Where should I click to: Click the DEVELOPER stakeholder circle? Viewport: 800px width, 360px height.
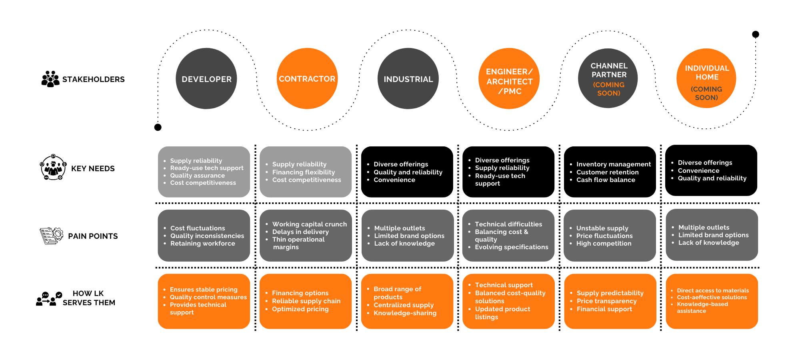point(206,78)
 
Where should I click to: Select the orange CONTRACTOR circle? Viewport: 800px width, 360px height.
point(307,78)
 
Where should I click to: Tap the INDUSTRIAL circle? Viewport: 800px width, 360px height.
point(408,78)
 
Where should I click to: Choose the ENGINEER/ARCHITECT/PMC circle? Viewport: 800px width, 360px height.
point(509,78)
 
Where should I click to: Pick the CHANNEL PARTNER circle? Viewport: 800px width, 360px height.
point(608,78)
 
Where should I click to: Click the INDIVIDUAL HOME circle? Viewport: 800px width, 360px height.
point(706,78)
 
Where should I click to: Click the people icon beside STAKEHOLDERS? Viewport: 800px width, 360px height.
point(50,79)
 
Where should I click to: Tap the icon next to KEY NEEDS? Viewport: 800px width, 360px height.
point(53,167)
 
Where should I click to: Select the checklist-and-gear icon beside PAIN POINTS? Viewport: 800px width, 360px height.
point(51,236)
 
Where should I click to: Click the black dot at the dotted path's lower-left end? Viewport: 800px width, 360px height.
point(158,127)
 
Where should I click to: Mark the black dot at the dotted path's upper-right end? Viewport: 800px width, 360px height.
point(756,34)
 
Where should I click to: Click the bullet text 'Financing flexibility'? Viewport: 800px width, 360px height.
point(303,172)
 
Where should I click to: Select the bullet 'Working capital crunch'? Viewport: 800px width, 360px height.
point(309,224)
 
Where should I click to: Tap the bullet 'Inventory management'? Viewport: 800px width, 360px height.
point(613,164)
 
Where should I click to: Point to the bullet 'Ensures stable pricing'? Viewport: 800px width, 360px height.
point(204,290)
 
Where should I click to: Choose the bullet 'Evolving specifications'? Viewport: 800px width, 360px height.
point(511,247)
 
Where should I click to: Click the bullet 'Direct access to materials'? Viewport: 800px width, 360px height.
point(712,291)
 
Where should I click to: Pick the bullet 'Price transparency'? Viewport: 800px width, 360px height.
point(606,301)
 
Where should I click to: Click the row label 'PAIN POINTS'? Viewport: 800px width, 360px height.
point(93,236)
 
